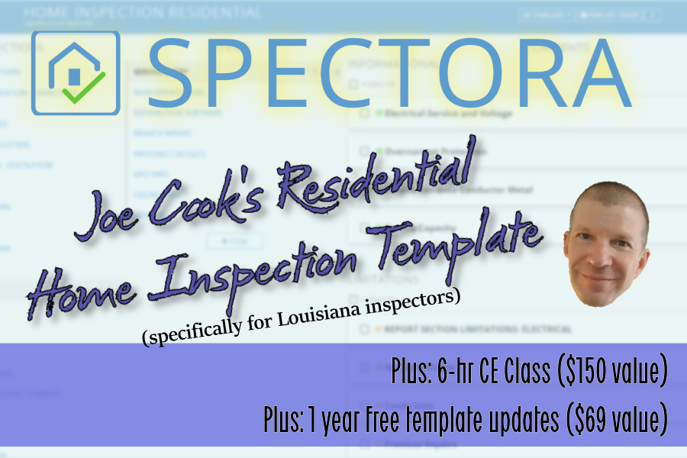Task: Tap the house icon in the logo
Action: (74, 72)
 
